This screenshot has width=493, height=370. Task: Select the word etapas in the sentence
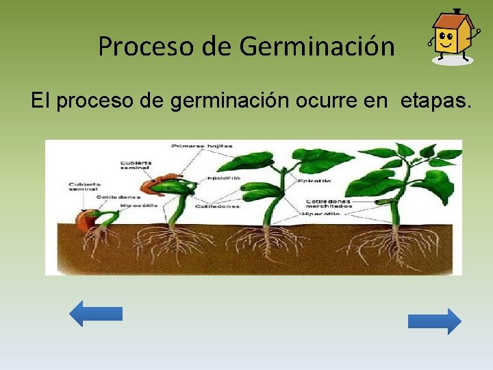[435, 101]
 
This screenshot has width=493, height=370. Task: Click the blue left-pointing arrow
[96, 313]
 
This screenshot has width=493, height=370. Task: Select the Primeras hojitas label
[202, 146]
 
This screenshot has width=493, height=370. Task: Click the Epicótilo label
[315, 181]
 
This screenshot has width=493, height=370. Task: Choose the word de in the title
[218, 47]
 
